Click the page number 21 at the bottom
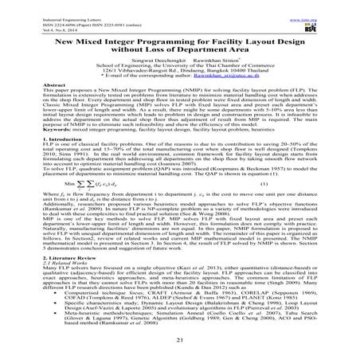click(179, 341)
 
